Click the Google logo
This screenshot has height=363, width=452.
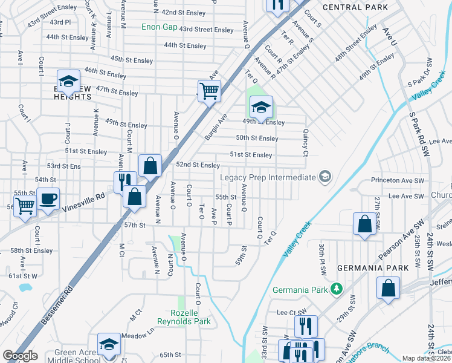(20, 356)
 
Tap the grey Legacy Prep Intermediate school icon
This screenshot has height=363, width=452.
(325, 177)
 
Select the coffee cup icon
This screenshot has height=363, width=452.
(48, 198)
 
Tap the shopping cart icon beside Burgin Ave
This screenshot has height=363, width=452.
(209, 91)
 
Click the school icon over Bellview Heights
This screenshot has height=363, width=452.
(69, 81)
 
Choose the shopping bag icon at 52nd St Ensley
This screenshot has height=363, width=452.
(150, 165)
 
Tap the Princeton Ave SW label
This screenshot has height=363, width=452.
(397, 180)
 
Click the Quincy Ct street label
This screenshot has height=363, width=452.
(306, 142)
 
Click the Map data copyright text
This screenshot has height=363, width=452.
(426, 358)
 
